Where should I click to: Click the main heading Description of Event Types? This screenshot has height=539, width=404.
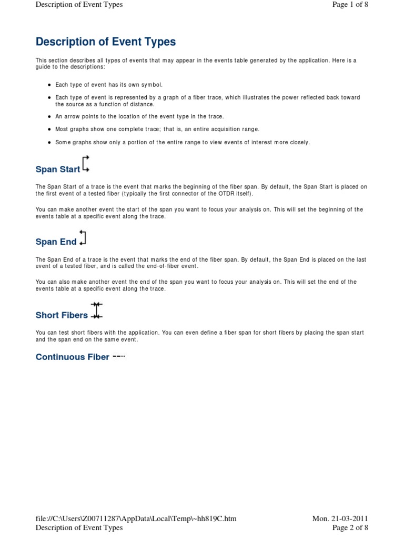(x=105, y=42)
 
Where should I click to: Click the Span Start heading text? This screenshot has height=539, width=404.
(x=58, y=169)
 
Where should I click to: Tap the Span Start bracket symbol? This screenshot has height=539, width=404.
(x=86, y=164)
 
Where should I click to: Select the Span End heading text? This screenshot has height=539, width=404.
(x=56, y=242)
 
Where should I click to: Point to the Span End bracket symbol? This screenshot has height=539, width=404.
(x=83, y=237)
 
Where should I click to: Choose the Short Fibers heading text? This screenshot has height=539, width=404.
(x=62, y=315)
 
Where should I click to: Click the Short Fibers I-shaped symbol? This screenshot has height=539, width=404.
(x=96, y=311)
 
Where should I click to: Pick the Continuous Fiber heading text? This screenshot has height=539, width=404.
(x=73, y=357)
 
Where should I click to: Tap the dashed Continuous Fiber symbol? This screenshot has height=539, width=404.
(x=119, y=356)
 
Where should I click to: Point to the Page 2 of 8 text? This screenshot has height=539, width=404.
(x=350, y=527)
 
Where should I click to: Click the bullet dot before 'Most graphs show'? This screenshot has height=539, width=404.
(x=49, y=129)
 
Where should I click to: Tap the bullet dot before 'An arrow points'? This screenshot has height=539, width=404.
(x=49, y=116)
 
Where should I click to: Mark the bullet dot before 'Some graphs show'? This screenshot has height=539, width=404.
(x=49, y=143)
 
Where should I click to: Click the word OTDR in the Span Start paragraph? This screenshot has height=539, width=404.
(x=217, y=193)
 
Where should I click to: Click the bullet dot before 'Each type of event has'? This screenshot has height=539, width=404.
(x=49, y=85)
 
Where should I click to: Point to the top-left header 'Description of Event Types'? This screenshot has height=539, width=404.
(x=79, y=5)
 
